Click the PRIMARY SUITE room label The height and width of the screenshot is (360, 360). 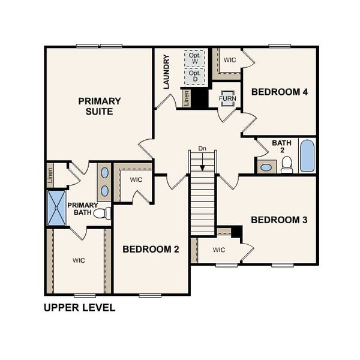100,106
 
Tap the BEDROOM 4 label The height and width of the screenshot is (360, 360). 280,92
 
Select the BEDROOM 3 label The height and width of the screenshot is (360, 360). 279,220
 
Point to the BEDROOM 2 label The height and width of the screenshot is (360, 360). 151,250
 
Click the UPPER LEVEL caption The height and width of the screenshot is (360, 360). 79,308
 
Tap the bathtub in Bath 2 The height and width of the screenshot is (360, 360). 307,156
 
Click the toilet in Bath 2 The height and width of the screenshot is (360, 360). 287,164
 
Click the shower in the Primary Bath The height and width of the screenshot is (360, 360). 57,208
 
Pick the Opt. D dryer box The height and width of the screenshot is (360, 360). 194,76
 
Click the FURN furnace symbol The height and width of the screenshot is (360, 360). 227,98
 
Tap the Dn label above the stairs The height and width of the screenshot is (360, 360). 202,148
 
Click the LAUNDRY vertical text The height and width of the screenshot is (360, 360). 167,72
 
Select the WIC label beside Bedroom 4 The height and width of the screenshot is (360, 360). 229,60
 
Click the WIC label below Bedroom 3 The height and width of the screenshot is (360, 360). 218,250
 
